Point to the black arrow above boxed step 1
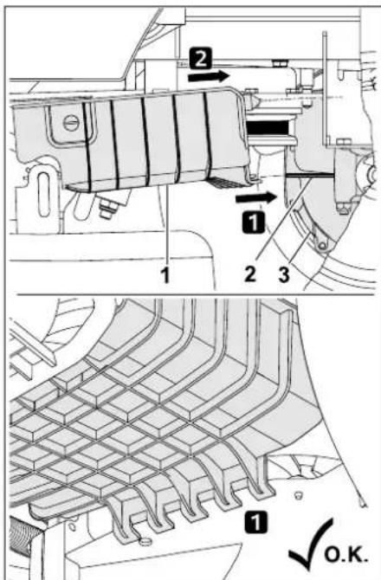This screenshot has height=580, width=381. [x=259, y=197]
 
